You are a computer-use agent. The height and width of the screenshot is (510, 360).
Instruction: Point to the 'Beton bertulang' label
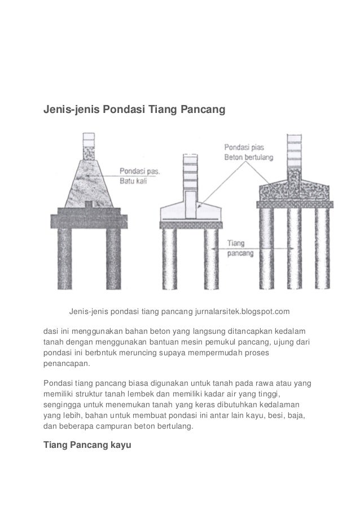point(251,156)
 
